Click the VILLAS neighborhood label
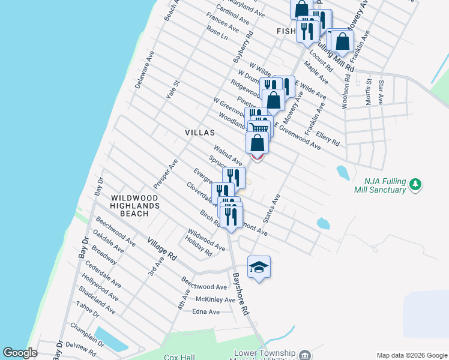coord(197,132)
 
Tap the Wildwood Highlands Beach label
coord(134,206)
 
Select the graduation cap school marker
coord(259,266)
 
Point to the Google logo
coord(20,353)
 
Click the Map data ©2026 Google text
coord(411,355)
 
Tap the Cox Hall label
coord(178,356)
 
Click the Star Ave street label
coord(381,90)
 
